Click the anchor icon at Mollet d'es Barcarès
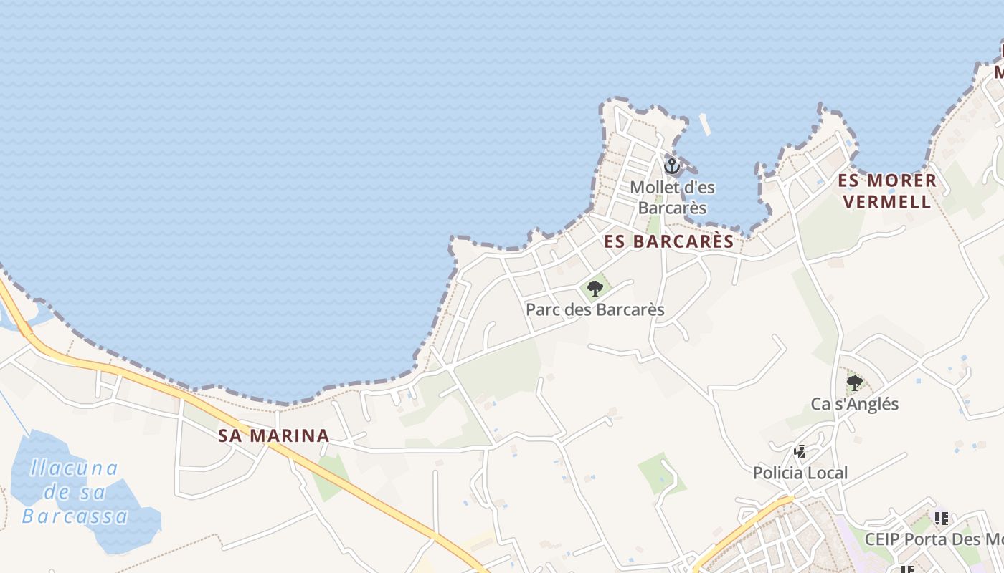672,166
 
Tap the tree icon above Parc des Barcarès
595,289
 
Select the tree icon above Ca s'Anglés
854,383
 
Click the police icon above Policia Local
800,452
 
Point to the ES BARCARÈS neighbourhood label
669,241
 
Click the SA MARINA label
274,435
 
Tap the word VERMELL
887,202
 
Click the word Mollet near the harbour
652,188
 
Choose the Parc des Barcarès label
595,310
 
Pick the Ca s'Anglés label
854,404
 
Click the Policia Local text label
800,473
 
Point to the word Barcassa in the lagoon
75,516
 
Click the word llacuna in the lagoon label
74,468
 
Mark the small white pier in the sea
705,125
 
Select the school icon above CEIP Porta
941,518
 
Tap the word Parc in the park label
541,310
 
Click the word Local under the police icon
825,473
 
